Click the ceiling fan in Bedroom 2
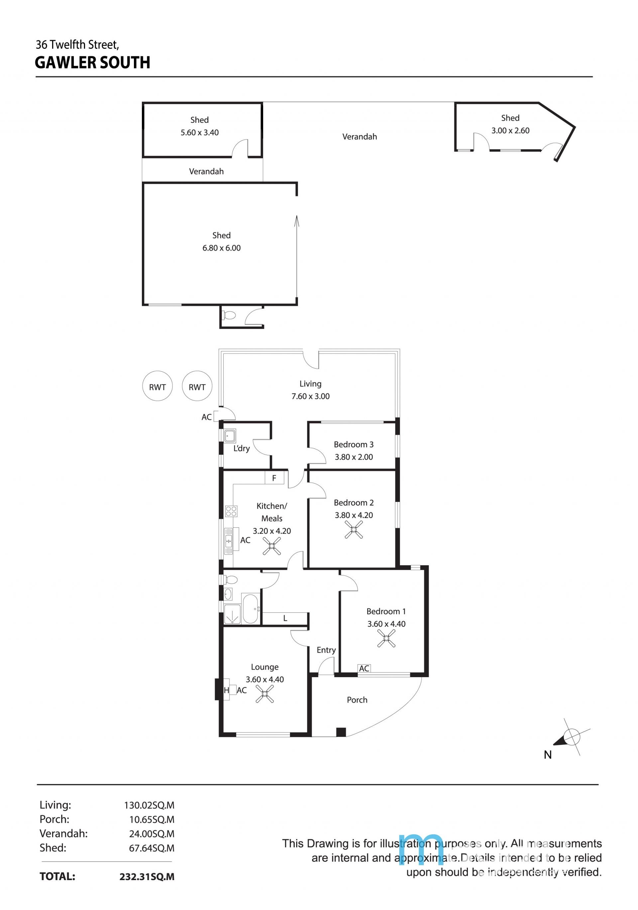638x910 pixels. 353,529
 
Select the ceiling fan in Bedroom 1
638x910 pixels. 386,639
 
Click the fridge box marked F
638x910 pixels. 274,478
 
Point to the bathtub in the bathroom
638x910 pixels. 250,609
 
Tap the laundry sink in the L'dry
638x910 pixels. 230,436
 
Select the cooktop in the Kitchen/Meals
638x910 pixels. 231,511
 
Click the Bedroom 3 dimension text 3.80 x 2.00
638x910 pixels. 354,457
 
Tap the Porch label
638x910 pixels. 357,700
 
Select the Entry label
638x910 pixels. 326,650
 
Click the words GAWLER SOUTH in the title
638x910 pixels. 92,63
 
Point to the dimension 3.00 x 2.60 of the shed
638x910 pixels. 510,131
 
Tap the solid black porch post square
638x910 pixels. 341,732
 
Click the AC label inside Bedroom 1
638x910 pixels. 364,669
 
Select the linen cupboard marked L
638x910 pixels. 285,618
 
